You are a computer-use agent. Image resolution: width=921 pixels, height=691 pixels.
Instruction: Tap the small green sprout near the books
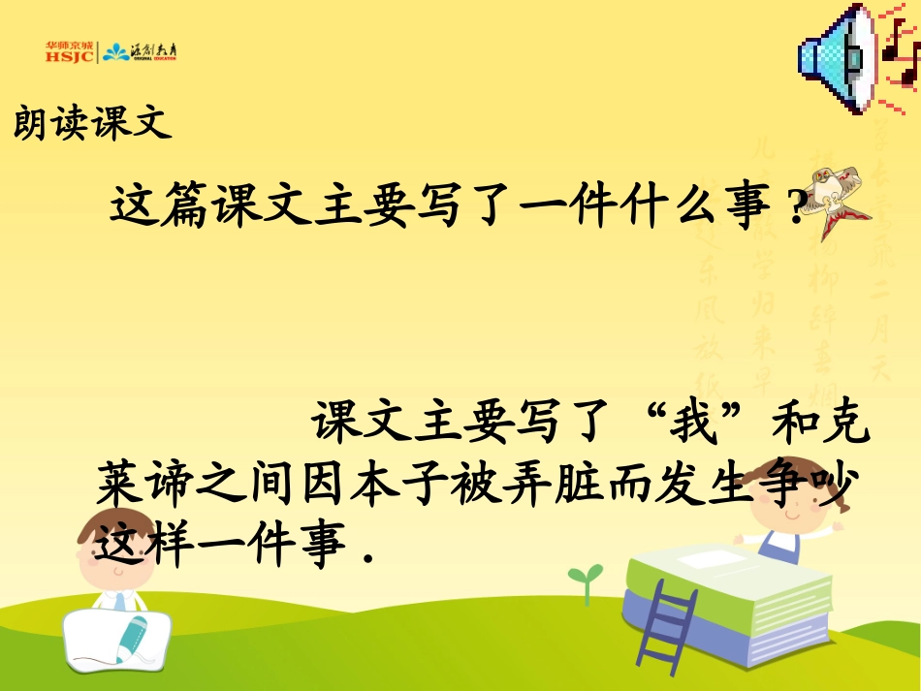584,581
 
